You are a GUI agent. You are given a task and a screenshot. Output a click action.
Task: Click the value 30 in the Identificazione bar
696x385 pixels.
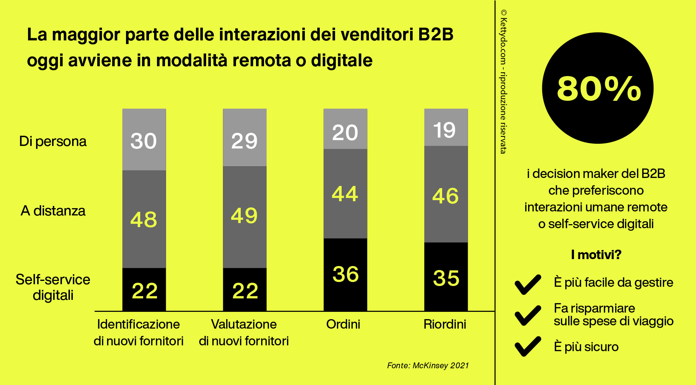click(144, 141)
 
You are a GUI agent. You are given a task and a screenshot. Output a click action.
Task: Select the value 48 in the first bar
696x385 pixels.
click(144, 219)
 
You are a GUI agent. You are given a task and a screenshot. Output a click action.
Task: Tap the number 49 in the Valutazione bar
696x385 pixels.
click(244, 215)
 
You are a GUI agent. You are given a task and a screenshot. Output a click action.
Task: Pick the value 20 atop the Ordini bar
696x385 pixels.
click(345, 132)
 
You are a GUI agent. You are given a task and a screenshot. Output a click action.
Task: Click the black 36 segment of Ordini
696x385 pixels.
click(345, 274)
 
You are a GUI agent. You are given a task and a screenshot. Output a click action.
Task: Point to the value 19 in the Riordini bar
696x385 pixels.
click(445, 130)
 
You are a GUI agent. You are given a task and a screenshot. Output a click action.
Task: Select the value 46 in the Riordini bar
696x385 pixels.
click(445, 196)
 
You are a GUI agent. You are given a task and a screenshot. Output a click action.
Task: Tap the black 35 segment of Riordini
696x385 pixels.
click(446, 278)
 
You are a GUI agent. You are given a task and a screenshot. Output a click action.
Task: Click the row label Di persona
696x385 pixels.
click(53, 141)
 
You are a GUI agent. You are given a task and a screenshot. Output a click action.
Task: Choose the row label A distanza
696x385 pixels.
click(53, 211)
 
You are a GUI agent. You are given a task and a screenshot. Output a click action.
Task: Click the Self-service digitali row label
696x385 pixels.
click(53, 287)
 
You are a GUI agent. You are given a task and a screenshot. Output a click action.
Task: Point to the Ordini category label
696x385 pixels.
click(343, 324)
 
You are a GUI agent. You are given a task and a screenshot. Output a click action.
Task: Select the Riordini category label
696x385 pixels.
click(445, 324)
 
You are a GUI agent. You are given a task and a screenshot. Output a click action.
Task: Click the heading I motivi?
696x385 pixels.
click(596, 254)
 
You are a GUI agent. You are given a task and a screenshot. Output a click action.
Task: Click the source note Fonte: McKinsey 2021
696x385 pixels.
click(428, 365)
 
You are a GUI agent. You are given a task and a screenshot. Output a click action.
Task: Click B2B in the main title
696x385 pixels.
click(436, 35)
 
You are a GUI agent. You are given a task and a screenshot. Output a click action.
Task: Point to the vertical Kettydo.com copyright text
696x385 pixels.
click(503, 81)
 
